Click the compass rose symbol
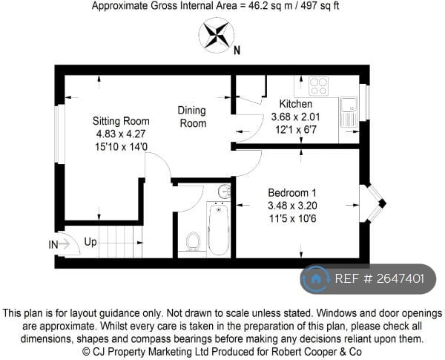pyautogui.click(x=217, y=35)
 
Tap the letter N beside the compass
pyautogui.click(x=237, y=50)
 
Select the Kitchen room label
pyautogui.click(x=296, y=104)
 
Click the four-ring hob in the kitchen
pyautogui.click(x=318, y=86)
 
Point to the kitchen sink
pyautogui.click(x=349, y=112)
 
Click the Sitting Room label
pyautogui.click(x=121, y=121)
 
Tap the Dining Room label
pyautogui.click(x=192, y=117)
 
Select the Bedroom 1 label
pyautogui.click(x=292, y=193)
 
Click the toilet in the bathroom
pyautogui.click(x=193, y=241)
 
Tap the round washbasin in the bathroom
pyautogui.click(x=225, y=191)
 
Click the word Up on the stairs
pyautogui.click(x=90, y=243)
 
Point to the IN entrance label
pyautogui.click(x=53, y=245)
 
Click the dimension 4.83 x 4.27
pyautogui.click(x=121, y=134)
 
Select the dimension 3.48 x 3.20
pyautogui.click(x=292, y=206)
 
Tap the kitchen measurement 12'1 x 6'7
pyautogui.click(x=296, y=130)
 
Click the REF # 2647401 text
pyautogui.click(x=380, y=279)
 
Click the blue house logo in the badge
pyautogui.click(x=315, y=279)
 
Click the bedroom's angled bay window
pyautogui.click(x=373, y=203)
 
